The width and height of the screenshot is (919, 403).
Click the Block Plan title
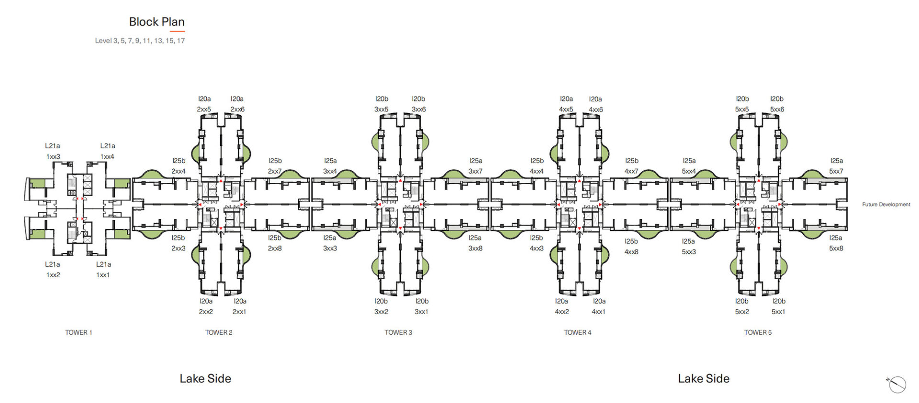tap(157, 22)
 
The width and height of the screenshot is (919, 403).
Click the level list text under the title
tap(140, 41)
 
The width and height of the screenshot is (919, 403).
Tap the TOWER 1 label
tap(78, 332)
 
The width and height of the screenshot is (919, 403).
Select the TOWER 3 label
tap(398, 332)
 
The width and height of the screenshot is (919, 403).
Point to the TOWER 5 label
tap(758, 332)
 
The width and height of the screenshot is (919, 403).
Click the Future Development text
tap(886, 204)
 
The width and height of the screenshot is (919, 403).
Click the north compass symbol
tap(897, 384)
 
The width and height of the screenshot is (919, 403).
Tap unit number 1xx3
tap(53, 157)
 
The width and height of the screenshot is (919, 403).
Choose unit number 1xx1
tap(103, 275)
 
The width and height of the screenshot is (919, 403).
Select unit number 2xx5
tap(204, 109)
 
